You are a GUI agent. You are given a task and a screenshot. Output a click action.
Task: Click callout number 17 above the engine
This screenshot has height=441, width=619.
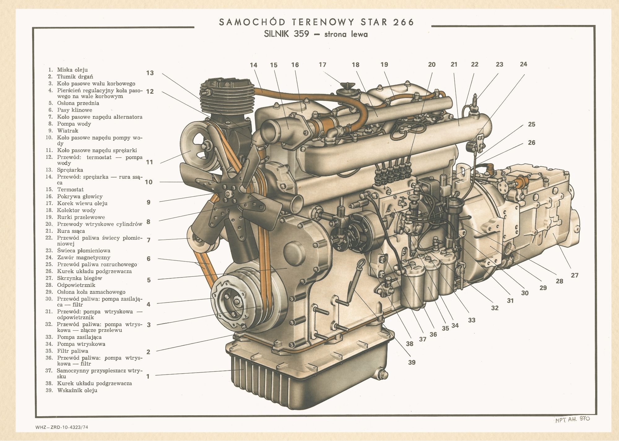click(x=322, y=65)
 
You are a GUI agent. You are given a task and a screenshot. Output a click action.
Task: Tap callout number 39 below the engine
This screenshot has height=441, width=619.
click(x=411, y=362)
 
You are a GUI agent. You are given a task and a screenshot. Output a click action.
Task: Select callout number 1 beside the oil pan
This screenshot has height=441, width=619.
click(x=148, y=376)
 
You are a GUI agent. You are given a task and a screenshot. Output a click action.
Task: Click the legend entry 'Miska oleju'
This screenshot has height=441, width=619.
click(x=72, y=70)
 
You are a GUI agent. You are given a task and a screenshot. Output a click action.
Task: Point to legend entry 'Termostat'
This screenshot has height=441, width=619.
click(x=70, y=189)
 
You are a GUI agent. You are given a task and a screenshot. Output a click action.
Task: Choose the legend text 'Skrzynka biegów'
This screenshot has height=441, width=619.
click(x=80, y=278)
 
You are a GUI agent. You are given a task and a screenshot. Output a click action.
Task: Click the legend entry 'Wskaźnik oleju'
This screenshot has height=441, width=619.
click(x=77, y=390)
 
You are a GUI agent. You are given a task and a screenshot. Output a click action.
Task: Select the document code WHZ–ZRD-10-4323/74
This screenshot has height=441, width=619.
click(x=62, y=427)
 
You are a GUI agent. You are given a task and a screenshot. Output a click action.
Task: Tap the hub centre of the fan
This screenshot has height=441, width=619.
click(x=229, y=194)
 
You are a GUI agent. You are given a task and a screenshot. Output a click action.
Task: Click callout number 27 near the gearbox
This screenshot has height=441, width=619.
click(x=574, y=275)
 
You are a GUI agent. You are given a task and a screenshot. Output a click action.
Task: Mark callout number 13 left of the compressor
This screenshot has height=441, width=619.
click(x=150, y=73)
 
